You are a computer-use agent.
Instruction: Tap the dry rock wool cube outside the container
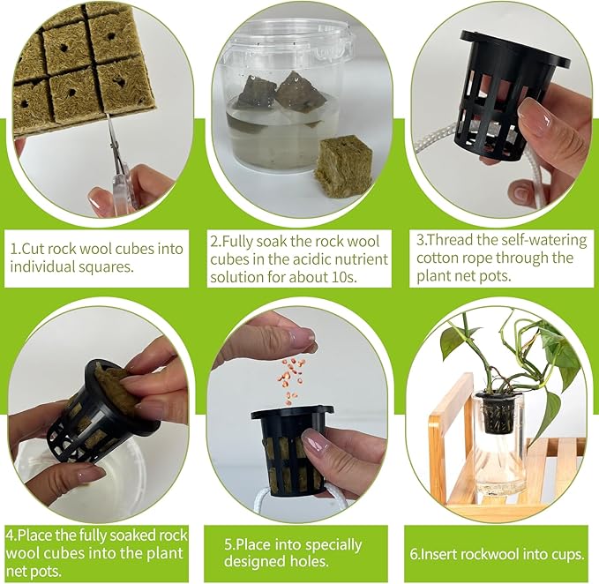pyautogui.click(x=342, y=165)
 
